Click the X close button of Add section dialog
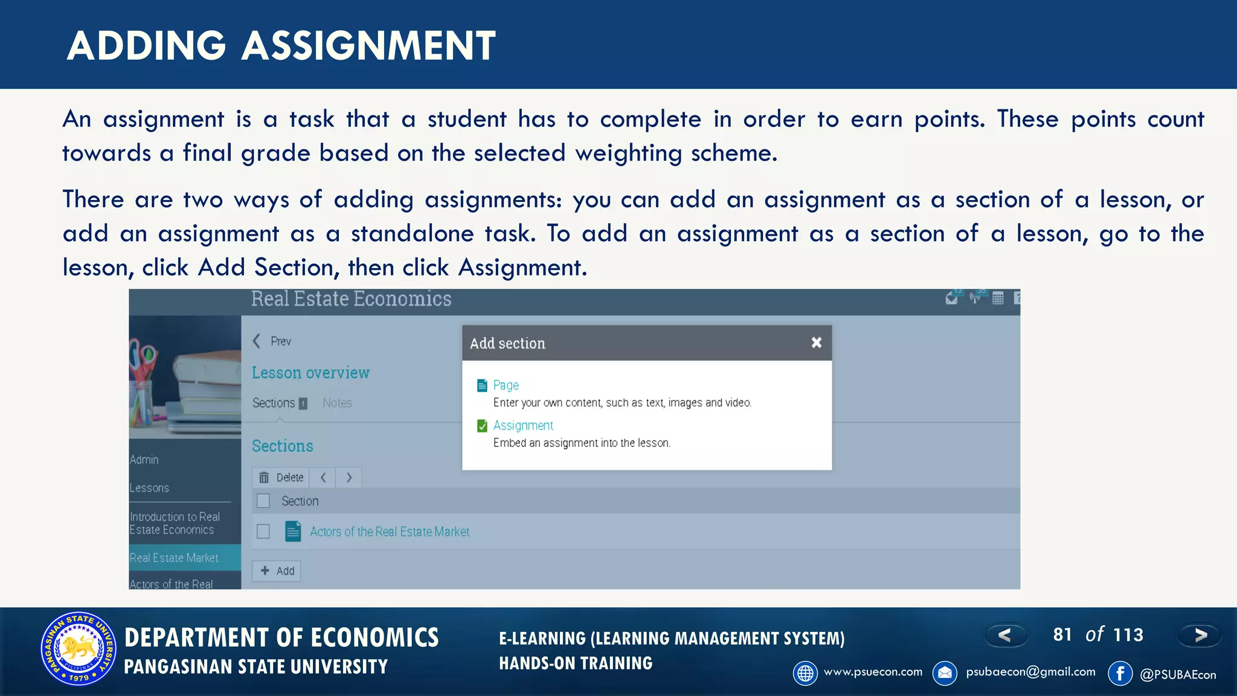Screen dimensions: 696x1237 (816, 343)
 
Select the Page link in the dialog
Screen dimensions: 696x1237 (506, 385)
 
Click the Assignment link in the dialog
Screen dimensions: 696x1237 (523, 425)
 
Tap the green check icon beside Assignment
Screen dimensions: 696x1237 (482, 426)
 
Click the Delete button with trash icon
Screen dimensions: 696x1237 (281, 477)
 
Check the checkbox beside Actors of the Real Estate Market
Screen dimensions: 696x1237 (263, 532)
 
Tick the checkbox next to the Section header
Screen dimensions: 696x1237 (263, 501)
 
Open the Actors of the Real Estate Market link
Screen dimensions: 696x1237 (390, 532)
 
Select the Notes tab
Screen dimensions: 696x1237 (337, 403)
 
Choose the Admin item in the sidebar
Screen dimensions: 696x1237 (144, 460)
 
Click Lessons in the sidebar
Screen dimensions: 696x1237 (149, 488)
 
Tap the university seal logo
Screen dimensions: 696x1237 (79, 649)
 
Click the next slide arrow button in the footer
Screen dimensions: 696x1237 (1200, 635)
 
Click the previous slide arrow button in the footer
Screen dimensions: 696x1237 (1005, 635)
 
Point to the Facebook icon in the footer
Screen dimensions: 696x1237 (1120, 673)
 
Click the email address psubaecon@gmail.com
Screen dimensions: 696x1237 (1030, 672)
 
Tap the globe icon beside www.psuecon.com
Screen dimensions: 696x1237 (805, 673)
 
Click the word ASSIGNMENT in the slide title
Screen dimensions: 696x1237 (368, 46)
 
